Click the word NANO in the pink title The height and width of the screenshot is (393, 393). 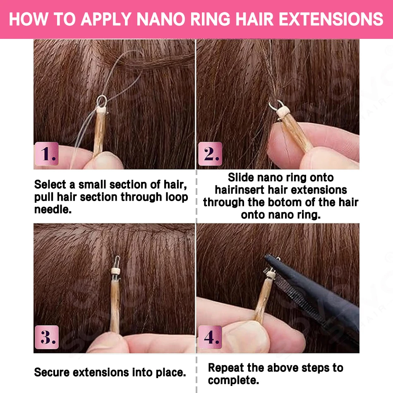click(x=161, y=19)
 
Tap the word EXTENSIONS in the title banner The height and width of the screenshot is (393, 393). click(x=331, y=19)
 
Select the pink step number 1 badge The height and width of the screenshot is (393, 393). click(x=47, y=153)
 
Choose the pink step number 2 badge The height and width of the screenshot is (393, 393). click(x=210, y=153)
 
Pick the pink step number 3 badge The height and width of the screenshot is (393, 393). click(x=47, y=337)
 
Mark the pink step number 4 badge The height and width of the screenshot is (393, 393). click(x=210, y=337)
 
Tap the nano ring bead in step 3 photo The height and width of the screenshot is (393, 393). click(x=115, y=271)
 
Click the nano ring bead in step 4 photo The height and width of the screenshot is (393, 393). click(x=271, y=274)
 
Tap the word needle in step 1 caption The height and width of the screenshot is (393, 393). click(x=53, y=210)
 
